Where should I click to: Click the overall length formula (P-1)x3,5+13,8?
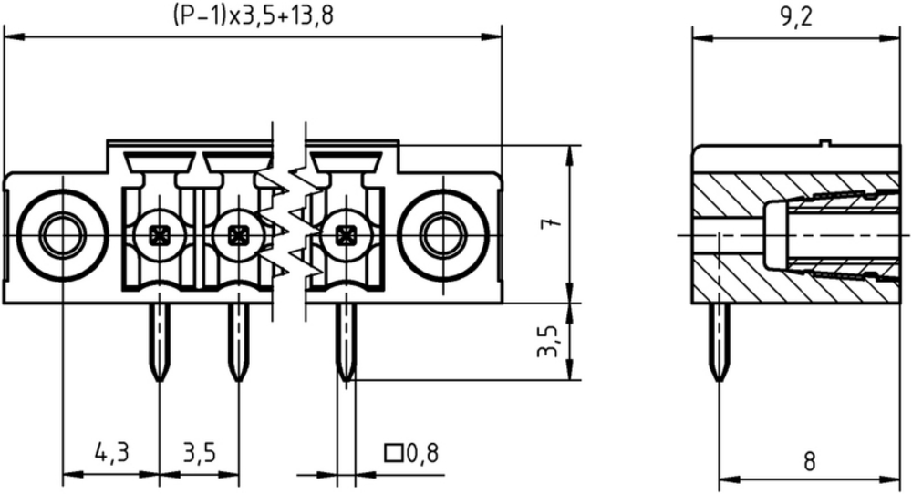(x=253, y=15)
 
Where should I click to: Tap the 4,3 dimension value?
(x=111, y=452)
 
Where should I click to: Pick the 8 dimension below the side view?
(x=809, y=462)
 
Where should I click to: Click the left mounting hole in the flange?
(x=62, y=235)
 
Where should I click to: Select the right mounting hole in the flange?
(x=443, y=235)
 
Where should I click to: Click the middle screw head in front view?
(x=237, y=235)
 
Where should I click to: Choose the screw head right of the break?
(x=346, y=235)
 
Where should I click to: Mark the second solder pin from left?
(x=237, y=343)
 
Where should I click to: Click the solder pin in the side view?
(x=720, y=343)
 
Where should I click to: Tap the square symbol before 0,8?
(x=394, y=453)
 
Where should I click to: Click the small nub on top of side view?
(x=824, y=142)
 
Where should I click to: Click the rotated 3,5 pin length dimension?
(x=548, y=341)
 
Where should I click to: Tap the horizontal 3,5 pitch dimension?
(x=198, y=452)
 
